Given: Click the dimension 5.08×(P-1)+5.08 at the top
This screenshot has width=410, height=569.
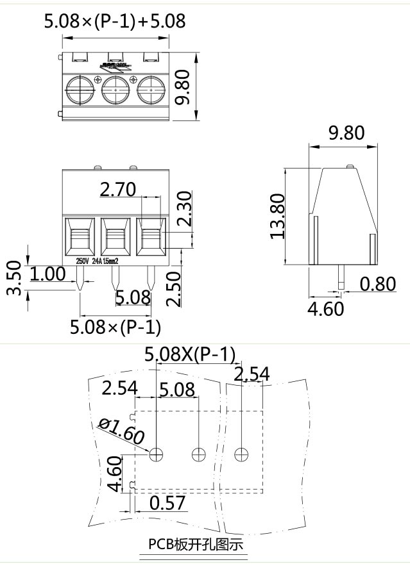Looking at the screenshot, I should [x=114, y=21].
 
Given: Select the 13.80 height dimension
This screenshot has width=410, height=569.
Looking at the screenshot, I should [x=277, y=216].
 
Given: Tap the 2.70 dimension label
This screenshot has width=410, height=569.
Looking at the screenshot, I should [x=118, y=189].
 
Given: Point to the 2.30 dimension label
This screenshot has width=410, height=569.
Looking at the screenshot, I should [x=184, y=209].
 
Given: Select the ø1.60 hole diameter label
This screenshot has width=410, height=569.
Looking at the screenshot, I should [x=121, y=433].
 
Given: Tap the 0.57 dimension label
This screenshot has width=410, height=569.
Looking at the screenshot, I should [x=167, y=503].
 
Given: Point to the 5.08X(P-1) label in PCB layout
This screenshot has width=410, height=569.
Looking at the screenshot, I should [x=190, y=354].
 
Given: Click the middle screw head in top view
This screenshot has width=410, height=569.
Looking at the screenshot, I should [x=115, y=90].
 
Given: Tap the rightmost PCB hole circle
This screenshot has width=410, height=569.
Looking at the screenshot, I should [x=241, y=454].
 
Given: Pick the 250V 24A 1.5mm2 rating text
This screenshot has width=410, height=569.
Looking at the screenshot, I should [x=97, y=261].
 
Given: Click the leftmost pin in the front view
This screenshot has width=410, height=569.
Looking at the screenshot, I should [x=79, y=278].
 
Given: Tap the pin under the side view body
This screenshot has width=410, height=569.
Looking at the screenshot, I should [x=341, y=277].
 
